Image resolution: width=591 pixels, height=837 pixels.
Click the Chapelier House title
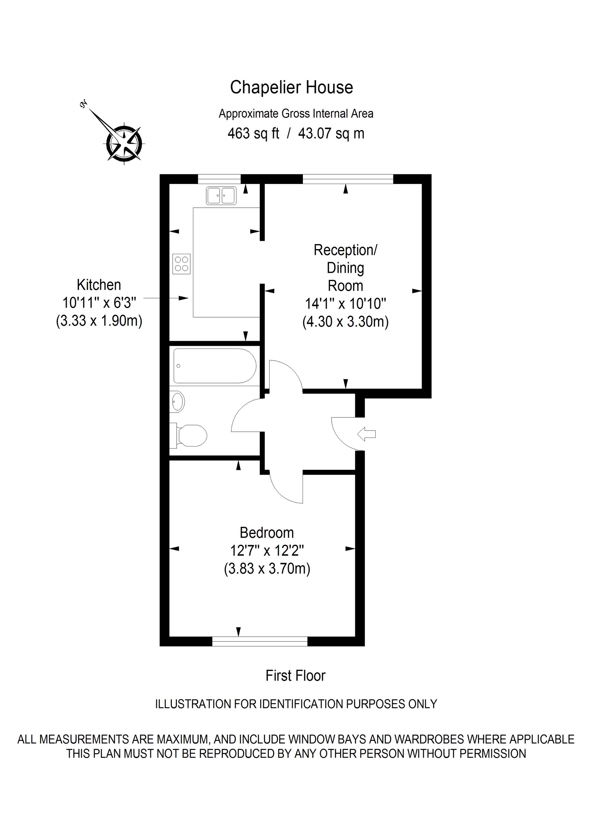tap(291, 88)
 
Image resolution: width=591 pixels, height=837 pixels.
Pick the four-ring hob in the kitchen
tap(181, 264)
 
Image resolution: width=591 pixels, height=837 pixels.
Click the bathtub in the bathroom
tap(215, 366)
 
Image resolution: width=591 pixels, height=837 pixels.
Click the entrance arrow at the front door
tap(366, 434)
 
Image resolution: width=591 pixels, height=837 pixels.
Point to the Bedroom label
tap(267, 533)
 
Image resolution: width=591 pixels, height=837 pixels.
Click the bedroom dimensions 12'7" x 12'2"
tap(267, 551)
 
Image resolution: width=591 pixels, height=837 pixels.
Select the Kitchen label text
tap(99, 285)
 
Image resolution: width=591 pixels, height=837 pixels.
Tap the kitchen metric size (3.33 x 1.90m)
tap(99, 321)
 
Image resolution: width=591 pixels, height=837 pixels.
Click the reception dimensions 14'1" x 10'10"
tap(345, 303)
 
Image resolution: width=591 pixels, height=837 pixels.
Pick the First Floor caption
tap(295, 676)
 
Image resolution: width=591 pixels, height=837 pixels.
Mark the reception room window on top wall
tap(348, 179)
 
